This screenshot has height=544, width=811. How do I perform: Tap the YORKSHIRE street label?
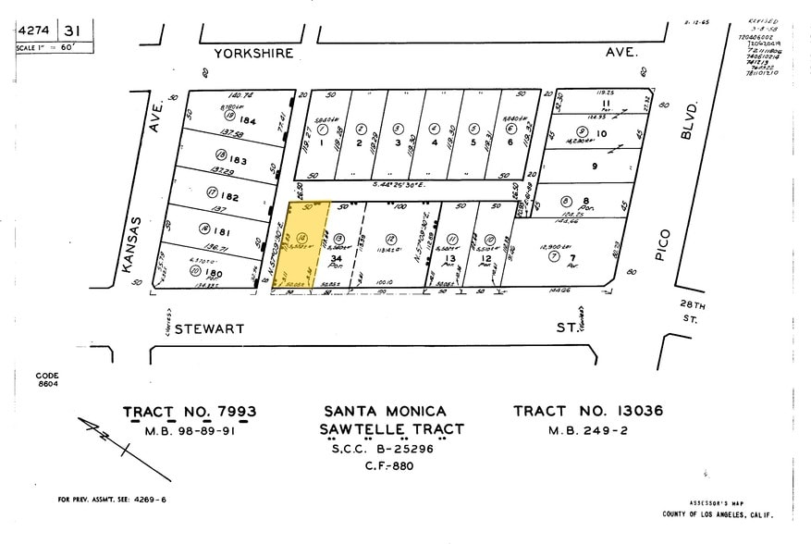pos(253,54)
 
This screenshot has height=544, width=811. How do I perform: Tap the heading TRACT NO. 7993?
pos(190,412)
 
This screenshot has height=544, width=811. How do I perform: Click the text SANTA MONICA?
pos(385,412)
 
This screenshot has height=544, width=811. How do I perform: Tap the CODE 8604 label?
pos(47,379)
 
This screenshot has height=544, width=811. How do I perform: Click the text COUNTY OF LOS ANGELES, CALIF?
pos(717,514)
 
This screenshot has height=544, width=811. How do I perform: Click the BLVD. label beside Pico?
pos(687,120)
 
